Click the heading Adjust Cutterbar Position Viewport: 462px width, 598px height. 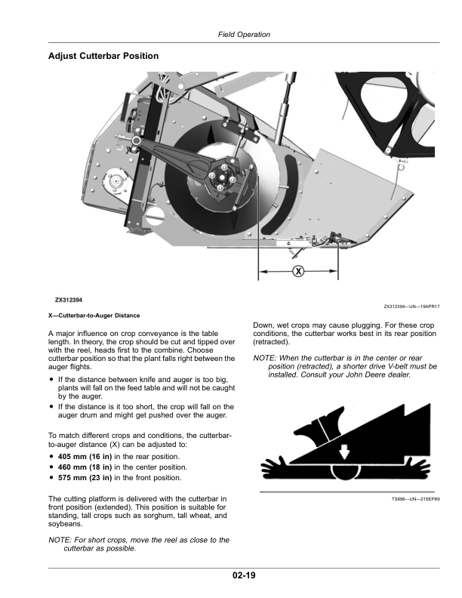[103, 56]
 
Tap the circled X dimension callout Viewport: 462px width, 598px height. [298, 271]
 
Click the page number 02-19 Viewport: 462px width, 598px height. [244, 576]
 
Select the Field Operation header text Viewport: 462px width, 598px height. [244, 35]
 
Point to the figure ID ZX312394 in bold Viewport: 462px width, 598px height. [69, 300]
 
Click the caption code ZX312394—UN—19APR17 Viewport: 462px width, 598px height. [411, 307]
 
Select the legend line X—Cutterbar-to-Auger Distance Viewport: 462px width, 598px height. [94, 315]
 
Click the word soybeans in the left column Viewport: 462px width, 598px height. [65, 525]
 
